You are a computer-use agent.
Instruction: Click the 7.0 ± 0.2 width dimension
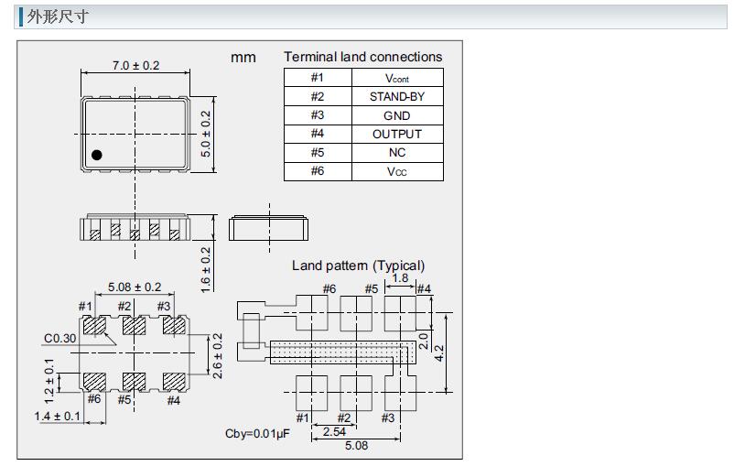point(135,65)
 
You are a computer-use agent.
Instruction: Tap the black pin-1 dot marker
point(97,155)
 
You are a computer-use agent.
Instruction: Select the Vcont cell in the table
point(396,78)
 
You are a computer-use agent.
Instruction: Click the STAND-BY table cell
point(396,96)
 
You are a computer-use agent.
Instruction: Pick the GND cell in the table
point(396,115)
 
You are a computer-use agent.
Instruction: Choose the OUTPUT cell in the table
point(396,134)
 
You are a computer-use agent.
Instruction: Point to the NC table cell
point(396,153)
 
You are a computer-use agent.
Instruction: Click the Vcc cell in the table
point(396,171)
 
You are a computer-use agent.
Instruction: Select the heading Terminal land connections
point(362,57)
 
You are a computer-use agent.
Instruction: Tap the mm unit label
point(243,57)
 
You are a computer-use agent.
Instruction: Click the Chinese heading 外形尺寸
point(58,16)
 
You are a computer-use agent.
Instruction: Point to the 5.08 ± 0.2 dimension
point(135,287)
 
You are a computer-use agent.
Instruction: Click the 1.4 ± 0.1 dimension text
point(58,417)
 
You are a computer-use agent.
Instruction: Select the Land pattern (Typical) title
point(358,266)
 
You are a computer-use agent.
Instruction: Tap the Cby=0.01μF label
point(257,433)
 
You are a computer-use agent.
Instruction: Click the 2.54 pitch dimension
point(334,430)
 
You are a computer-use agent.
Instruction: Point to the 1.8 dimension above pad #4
point(400,278)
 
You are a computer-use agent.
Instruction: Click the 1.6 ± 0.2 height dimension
point(206,268)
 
